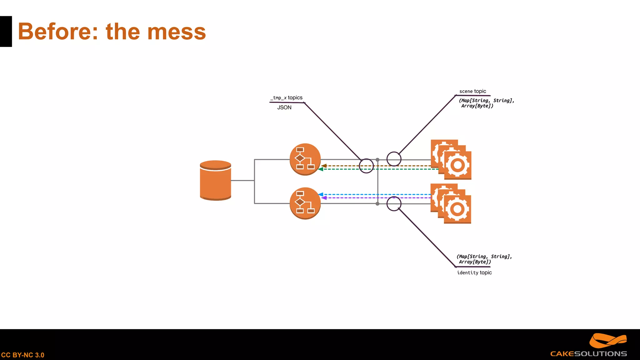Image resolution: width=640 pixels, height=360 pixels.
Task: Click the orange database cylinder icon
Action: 215,180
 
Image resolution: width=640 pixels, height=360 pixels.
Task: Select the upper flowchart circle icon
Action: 305,159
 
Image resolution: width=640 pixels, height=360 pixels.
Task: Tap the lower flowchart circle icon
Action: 305,203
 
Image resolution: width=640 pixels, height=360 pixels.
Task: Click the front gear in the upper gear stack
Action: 457,165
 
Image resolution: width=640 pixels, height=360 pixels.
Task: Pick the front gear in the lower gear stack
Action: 457,209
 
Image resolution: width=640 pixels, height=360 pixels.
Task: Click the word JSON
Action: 284,107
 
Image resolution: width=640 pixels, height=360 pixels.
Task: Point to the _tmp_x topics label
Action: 287,98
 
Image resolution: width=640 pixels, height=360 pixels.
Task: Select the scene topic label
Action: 472,91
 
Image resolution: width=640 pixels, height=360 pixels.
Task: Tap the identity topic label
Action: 474,272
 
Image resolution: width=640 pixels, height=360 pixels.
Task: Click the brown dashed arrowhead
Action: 324,166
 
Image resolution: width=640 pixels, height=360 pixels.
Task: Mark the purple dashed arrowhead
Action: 324,198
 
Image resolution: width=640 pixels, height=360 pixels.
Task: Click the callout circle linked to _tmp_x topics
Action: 366,166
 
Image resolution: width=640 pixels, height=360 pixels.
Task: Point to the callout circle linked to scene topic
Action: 394,159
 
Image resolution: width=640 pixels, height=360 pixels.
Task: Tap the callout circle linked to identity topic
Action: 394,204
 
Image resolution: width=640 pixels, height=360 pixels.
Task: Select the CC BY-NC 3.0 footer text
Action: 23,355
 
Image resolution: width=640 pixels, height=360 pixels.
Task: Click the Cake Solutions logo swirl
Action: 607,341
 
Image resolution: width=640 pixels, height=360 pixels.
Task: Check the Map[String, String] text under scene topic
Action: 486,101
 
